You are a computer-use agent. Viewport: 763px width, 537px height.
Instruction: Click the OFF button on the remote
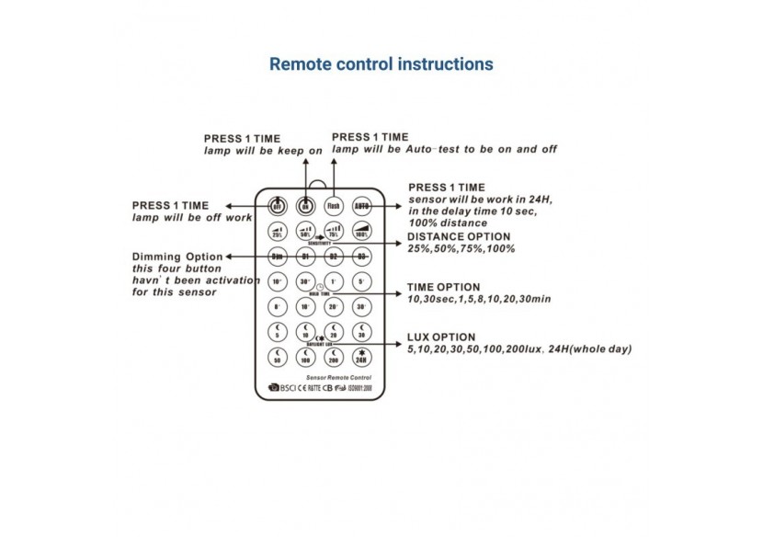[277, 206]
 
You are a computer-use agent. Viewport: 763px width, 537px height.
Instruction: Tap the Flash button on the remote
[334, 206]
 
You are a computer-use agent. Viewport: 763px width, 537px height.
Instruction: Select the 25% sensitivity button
[277, 232]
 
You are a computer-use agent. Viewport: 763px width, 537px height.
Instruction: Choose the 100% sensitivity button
[362, 232]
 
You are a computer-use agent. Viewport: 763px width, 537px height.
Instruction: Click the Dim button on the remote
[277, 257]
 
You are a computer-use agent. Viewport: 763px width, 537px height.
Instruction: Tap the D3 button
[362, 257]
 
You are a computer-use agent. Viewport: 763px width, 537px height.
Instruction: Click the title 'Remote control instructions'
[381, 64]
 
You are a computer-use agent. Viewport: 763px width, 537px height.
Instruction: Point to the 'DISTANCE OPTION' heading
[460, 236]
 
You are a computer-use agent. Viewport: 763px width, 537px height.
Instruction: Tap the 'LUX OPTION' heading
[441, 337]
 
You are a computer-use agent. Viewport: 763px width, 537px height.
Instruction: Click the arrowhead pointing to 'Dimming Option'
[230, 257]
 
